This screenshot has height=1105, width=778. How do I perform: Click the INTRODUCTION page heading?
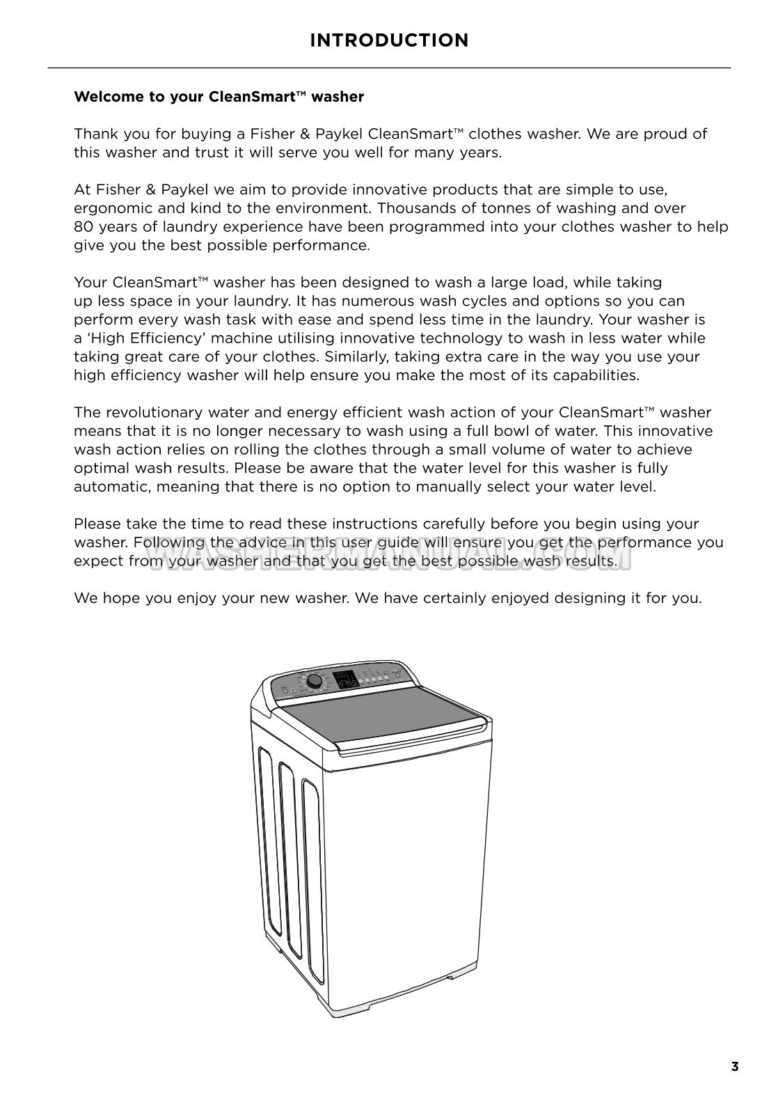click(389, 40)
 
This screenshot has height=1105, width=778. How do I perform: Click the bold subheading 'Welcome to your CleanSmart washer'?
click(219, 97)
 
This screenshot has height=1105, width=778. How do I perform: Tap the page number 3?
click(735, 1067)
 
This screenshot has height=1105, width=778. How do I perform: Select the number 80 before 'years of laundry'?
click(84, 227)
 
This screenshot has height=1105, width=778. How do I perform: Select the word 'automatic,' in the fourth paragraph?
click(113, 487)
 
